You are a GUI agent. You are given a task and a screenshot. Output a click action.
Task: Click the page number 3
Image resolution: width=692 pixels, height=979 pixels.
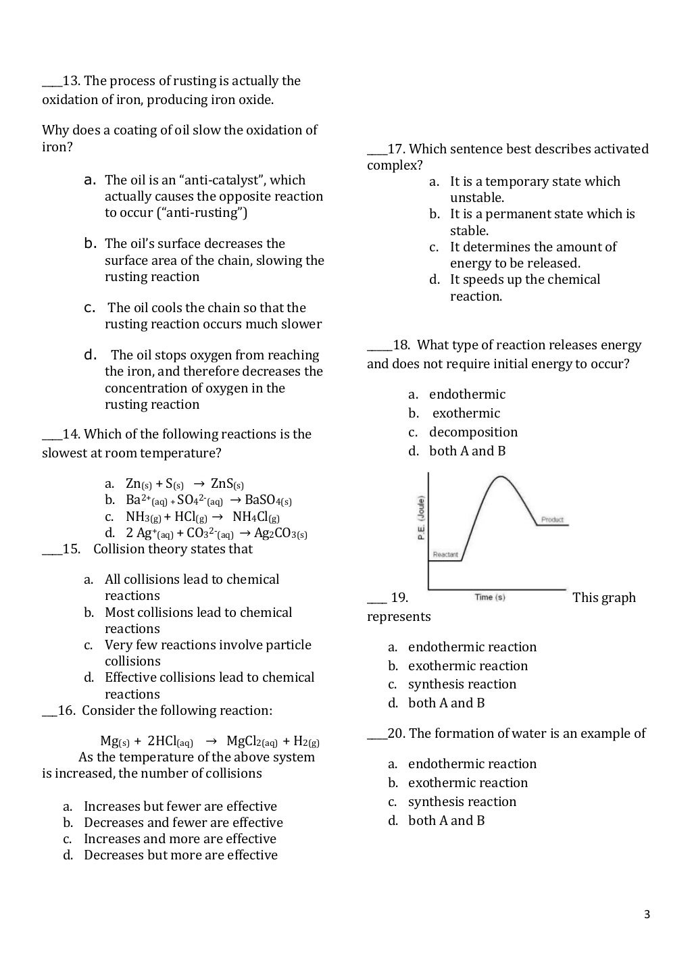(647, 915)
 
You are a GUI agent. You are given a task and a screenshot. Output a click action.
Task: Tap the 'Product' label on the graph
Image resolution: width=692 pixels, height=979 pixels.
(552, 520)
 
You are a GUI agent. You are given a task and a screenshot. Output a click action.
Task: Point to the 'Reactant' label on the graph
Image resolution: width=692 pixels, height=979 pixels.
(445, 555)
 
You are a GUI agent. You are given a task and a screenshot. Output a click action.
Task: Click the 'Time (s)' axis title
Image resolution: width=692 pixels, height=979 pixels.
(490, 597)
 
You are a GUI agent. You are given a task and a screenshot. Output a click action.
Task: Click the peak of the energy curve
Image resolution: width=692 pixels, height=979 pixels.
(500, 477)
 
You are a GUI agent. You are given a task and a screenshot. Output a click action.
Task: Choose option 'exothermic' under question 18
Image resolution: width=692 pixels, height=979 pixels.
(466, 413)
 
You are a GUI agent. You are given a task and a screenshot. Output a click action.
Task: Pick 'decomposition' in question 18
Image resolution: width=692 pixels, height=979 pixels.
(473, 432)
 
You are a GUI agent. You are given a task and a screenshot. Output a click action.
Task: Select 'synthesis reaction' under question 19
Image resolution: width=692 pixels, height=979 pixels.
(462, 684)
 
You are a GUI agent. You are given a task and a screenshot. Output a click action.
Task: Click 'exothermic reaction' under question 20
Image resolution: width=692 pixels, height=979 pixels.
(468, 782)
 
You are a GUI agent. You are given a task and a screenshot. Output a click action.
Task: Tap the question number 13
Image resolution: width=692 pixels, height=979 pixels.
(72, 81)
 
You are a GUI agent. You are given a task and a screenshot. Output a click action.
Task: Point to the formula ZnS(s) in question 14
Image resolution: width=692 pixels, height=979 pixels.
(227, 484)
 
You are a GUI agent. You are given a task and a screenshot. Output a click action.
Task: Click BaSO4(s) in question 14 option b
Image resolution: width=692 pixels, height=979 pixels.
(268, 500)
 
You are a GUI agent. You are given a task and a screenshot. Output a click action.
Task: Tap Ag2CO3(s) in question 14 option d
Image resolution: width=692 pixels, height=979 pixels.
(280, 533)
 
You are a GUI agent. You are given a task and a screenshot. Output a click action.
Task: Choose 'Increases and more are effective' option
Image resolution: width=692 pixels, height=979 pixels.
(180, 838)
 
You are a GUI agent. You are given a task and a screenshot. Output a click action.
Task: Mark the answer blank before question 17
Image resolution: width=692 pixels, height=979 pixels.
(376, 149)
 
